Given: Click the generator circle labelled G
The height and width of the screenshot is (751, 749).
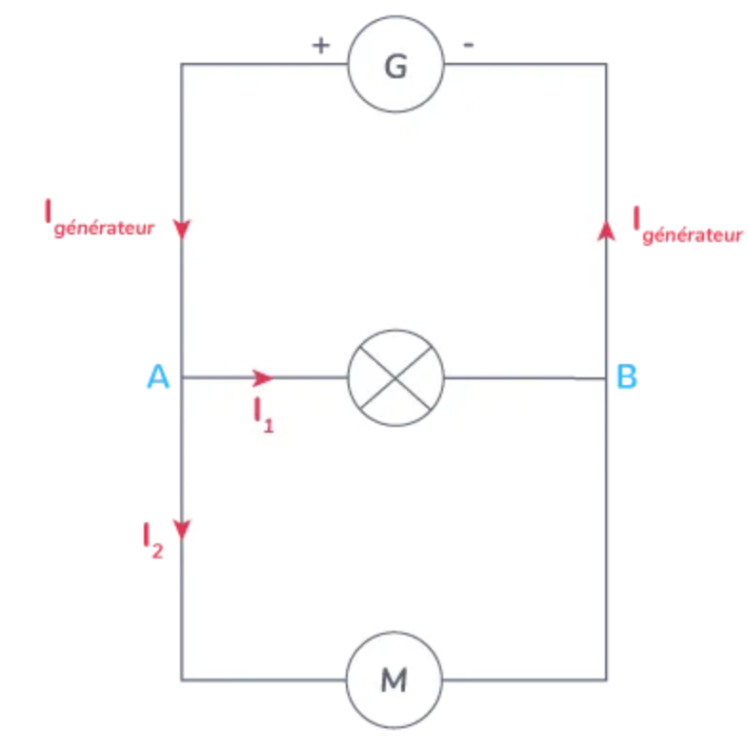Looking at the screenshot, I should (x=395, y=65).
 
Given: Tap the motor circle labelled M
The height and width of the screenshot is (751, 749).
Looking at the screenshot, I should (x=394, y=680).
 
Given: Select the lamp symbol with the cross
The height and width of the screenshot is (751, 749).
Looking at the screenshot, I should (x=395, y=377).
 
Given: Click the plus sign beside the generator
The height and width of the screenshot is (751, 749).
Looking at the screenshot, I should (x=321, y=45).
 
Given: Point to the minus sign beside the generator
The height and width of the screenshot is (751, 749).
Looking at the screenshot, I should (x=470, y=45).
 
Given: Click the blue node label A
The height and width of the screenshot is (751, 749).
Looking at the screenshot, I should (x=158, y=377).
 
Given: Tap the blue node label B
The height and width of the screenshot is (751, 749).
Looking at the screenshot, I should (x=627, y=377).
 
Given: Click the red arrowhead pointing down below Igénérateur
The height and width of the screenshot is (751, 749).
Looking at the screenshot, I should (x=182, y=230).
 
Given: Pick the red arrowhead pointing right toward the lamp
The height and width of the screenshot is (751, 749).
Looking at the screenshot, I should (x=263, y=377).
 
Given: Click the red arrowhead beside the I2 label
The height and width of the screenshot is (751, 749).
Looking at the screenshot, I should (x=182, y=529).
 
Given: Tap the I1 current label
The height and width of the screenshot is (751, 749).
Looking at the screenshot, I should (x=263, y=415).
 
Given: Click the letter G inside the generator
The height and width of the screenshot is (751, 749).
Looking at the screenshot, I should (x=395, y=66).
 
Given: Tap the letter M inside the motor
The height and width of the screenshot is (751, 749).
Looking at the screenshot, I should (x=394, y=680).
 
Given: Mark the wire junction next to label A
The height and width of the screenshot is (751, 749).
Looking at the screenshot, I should (x=182, y=377).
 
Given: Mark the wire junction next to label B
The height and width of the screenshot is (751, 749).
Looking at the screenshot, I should (x=606, y=377).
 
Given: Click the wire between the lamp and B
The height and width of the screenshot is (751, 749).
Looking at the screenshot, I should (x=524, y=377).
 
